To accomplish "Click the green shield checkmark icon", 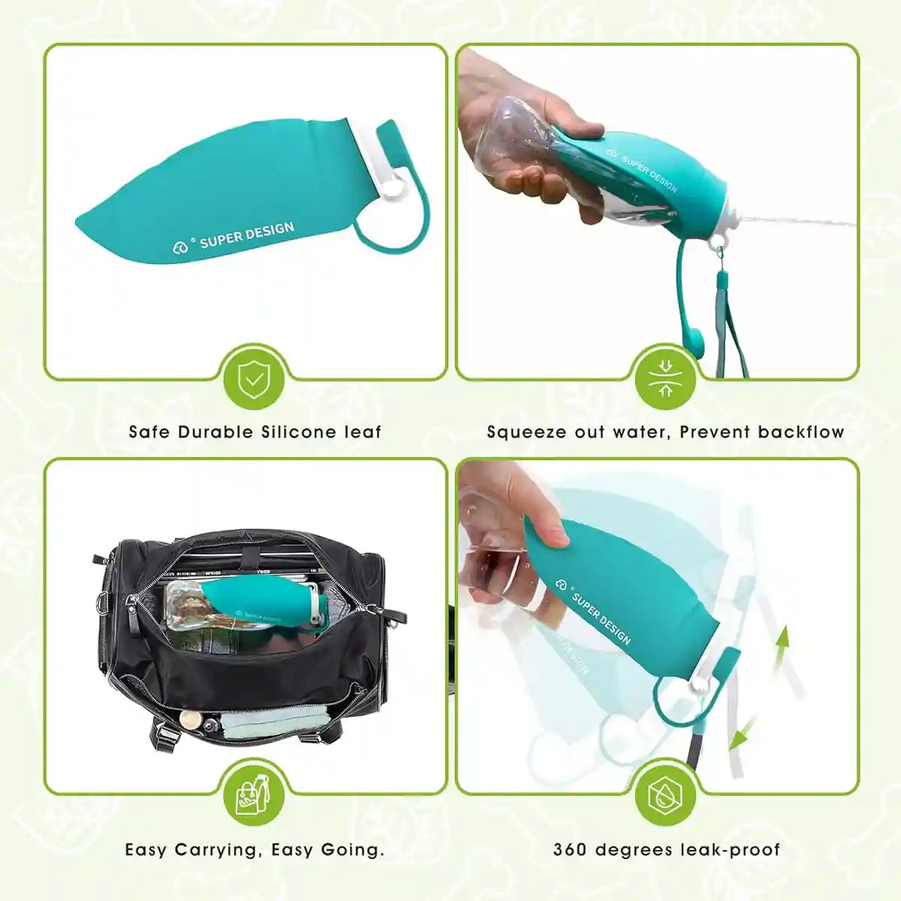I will [x=255, y=380].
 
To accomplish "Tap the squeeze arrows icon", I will [x=664, y=380].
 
